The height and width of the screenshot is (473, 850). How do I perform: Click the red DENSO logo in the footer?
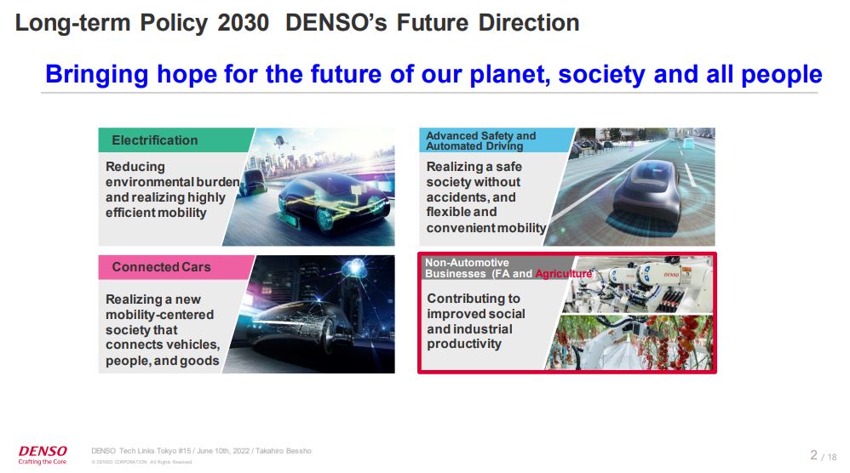[43, 451]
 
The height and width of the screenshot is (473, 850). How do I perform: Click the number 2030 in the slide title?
[244, 23]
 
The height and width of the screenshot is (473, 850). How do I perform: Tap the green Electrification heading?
[154, 140]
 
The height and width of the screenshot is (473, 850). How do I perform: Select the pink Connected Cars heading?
[161, 267]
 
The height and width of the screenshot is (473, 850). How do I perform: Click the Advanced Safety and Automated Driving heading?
[481, 140]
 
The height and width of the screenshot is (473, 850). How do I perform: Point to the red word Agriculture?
[563, 273]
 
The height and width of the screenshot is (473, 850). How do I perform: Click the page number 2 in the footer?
[813, 454]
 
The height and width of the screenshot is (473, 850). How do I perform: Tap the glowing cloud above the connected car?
[354, 267]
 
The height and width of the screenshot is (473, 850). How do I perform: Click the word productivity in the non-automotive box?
[464, 345]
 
